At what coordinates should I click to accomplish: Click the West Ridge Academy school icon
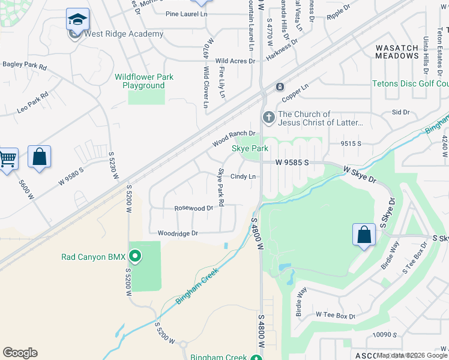coord(77,20)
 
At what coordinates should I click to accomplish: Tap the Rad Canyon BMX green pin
coord(135,257)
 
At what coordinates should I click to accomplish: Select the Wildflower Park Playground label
coord(144,81)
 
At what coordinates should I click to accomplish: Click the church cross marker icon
coord(268,118)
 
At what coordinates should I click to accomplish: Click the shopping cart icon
coord(7,160)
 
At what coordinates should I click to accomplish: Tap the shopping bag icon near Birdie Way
coord(364,234)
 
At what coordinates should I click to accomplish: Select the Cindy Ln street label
coord(244,176)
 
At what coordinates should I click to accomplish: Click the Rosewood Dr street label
coord(193,208)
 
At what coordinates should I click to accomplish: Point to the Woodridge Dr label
coord(178,233)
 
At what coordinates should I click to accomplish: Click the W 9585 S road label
coord(292,162)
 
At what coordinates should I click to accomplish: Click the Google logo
coord(20,353)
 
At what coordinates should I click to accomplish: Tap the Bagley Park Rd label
coord(25,64)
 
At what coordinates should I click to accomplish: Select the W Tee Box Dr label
coord(335,315)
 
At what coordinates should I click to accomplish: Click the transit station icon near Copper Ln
coord(279,87)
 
